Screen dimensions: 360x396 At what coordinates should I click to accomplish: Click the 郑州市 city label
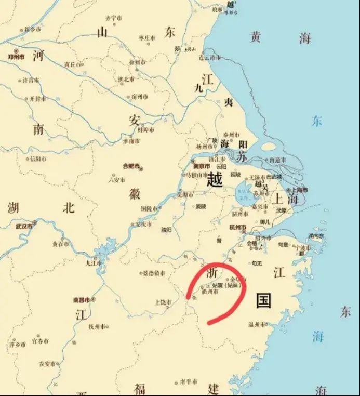(x=15, y=56)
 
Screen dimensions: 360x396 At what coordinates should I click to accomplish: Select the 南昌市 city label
(x=82, y=300)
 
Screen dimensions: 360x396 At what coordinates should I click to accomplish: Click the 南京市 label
(x=202, y=167)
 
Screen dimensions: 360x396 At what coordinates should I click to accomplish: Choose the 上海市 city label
(x=298, y=190)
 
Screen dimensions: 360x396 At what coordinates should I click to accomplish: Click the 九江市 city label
(x=95, y=263)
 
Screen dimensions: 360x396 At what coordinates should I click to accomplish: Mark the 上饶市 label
(x=163, y=302)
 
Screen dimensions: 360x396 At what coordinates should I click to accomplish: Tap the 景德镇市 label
(x=155, y=273)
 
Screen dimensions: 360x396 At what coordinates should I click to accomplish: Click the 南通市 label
(x=276, y=160)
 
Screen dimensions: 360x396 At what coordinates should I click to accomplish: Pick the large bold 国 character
(x=263, y=300)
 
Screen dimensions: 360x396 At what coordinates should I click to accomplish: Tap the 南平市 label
(x=188, y=381)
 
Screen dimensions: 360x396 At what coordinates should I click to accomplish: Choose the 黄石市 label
(x=60, y=244)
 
